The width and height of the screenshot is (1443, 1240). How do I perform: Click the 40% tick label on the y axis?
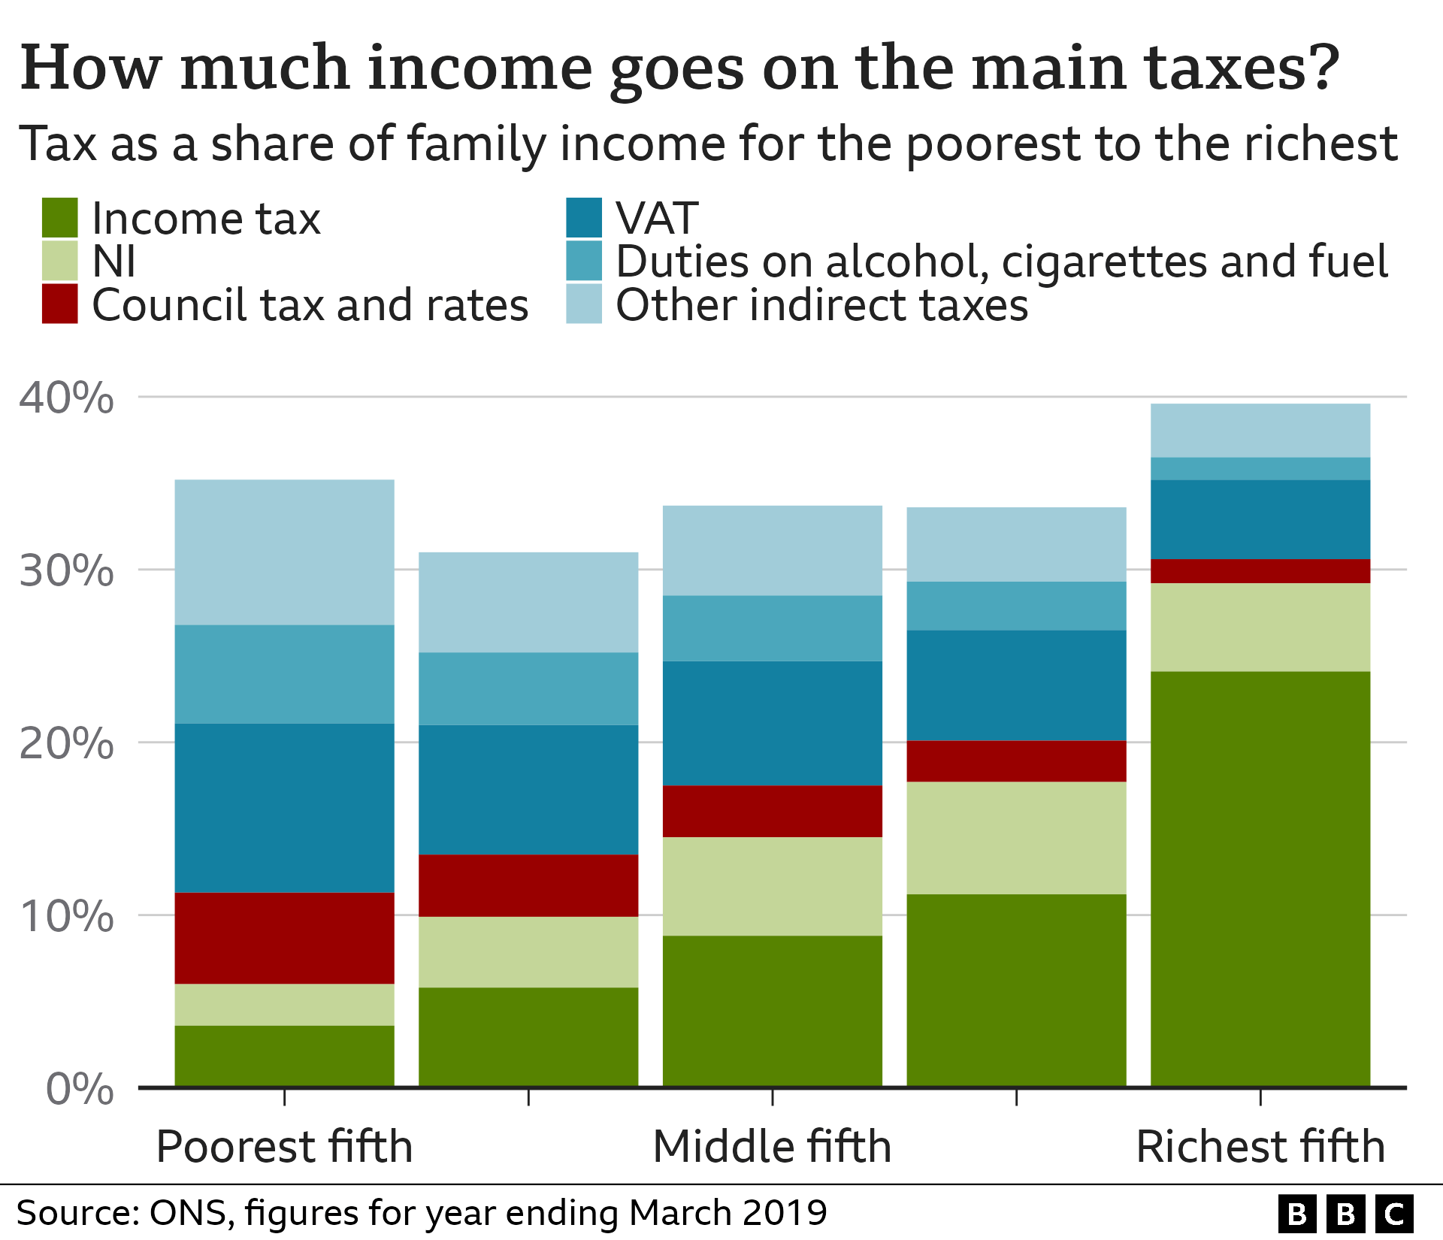pos(66,398)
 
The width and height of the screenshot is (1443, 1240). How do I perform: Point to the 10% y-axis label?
pos(66,916)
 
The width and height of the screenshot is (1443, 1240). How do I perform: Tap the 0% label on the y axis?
pos(80,1089)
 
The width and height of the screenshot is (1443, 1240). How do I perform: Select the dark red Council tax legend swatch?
pos(59,304)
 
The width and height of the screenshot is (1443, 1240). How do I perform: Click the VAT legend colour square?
pos(584,217)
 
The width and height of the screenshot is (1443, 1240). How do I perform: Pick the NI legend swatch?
pos(59,260)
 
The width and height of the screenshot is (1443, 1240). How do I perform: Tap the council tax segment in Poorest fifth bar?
pos(284,938)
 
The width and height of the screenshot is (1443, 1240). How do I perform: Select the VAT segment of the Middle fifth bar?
pos(772,723)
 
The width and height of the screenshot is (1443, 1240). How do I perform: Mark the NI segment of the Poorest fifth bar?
pos(284,1004)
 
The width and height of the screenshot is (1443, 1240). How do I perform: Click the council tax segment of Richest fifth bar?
pos(1260,571)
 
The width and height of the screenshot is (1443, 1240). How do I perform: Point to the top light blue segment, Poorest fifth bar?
pos(284,552)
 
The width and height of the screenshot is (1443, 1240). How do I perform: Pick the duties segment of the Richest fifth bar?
pos(1260,468)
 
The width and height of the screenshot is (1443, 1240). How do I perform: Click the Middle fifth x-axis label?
pos(772,1147)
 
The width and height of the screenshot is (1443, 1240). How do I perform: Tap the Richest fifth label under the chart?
pos(1260,1147)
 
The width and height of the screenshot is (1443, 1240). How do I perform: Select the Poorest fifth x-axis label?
pos(284,1147)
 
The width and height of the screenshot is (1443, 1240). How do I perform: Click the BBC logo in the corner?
pos(1345,1214)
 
